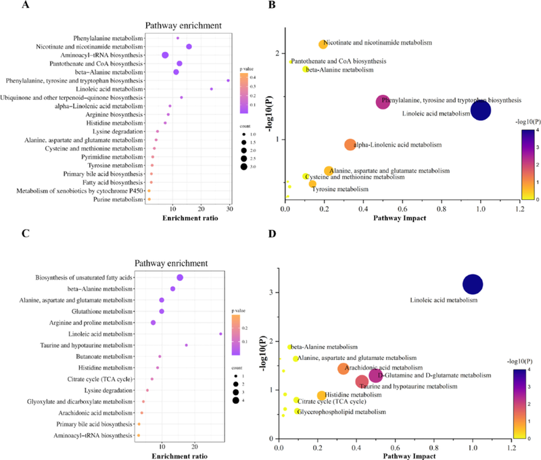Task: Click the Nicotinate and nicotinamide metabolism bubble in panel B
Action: point(323,45)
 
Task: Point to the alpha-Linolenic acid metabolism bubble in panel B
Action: point(350,145)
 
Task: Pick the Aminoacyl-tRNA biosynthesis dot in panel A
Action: point(165,55)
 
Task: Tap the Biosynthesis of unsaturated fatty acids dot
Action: point(180,278)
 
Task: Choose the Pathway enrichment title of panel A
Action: point(186,26)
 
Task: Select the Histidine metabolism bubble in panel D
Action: point(321,396)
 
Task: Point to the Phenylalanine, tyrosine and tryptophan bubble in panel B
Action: point(383,102)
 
